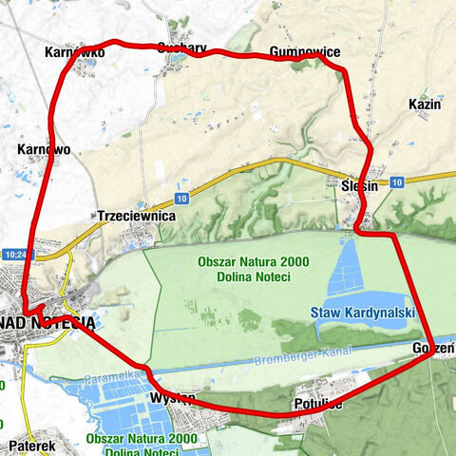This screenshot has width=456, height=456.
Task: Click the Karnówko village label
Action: tap(74, 53)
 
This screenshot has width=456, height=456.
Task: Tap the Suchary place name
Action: tap(177, 47)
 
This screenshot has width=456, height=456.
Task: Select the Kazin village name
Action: tap(425, 104)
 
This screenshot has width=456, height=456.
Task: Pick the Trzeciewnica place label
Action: tap(137, 217)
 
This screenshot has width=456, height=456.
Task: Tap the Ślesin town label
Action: tap(359, 187)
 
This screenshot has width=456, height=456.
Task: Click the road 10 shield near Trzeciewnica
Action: tap(180, 199)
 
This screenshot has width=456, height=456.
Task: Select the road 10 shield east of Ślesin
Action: tap(396, 180)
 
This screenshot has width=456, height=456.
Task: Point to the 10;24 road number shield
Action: tap(14, 255)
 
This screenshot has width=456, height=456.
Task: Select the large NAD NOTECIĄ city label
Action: tap(47, 322)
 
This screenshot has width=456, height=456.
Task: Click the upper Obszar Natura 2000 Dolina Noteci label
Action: tap(244, 269)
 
